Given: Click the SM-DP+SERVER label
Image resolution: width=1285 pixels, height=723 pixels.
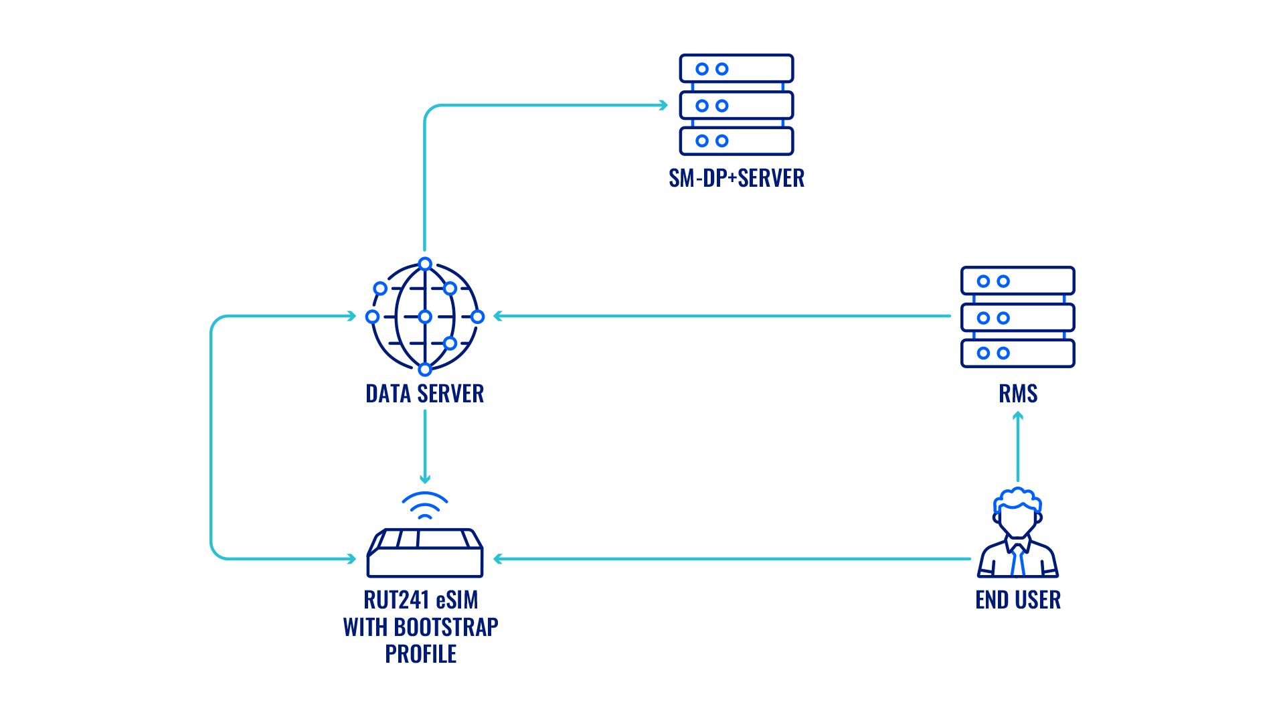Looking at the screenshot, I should click(x=736, y=178).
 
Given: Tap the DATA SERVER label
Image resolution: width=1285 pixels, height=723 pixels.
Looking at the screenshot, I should click(x=425, y=394).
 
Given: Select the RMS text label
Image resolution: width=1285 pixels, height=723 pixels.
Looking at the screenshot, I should click(x=1018, y=394).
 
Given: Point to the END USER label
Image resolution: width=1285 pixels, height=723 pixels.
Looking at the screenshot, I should click(x=1018, y=600).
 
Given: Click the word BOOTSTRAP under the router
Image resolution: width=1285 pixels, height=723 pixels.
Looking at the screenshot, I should click(x=446, y=627).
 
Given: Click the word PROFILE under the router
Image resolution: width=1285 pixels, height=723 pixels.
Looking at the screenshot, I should click(x=421, y=653).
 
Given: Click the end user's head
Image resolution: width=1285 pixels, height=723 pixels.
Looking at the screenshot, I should click(x=1017, y=512).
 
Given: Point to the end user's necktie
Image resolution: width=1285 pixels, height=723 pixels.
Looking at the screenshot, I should click(x=1018, y=561).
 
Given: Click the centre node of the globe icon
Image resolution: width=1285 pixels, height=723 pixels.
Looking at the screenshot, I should click(x=425, y=317).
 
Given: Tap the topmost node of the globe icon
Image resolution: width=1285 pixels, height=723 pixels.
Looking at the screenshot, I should click(x=425, y=264).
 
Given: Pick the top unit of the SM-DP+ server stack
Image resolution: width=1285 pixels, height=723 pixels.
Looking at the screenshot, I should click(x=736, y=69).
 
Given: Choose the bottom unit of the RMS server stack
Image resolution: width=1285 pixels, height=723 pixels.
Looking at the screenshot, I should click(x=1017, y=353).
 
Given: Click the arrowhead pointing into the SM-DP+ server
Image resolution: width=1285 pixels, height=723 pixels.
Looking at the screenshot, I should click(x=664, y=105).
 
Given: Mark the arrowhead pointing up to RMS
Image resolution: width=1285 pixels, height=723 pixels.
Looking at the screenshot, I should click(x=1018, y=416).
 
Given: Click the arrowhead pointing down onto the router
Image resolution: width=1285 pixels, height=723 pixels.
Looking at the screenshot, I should click(x=425, y=479).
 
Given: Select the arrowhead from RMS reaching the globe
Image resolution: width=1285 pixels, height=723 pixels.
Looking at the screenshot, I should click(x=497, y=316).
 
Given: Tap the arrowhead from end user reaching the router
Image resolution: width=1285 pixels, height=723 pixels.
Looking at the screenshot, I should click(x=497, y=559).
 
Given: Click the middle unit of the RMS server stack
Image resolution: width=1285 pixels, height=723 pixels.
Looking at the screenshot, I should click(x=1017, y=317).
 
